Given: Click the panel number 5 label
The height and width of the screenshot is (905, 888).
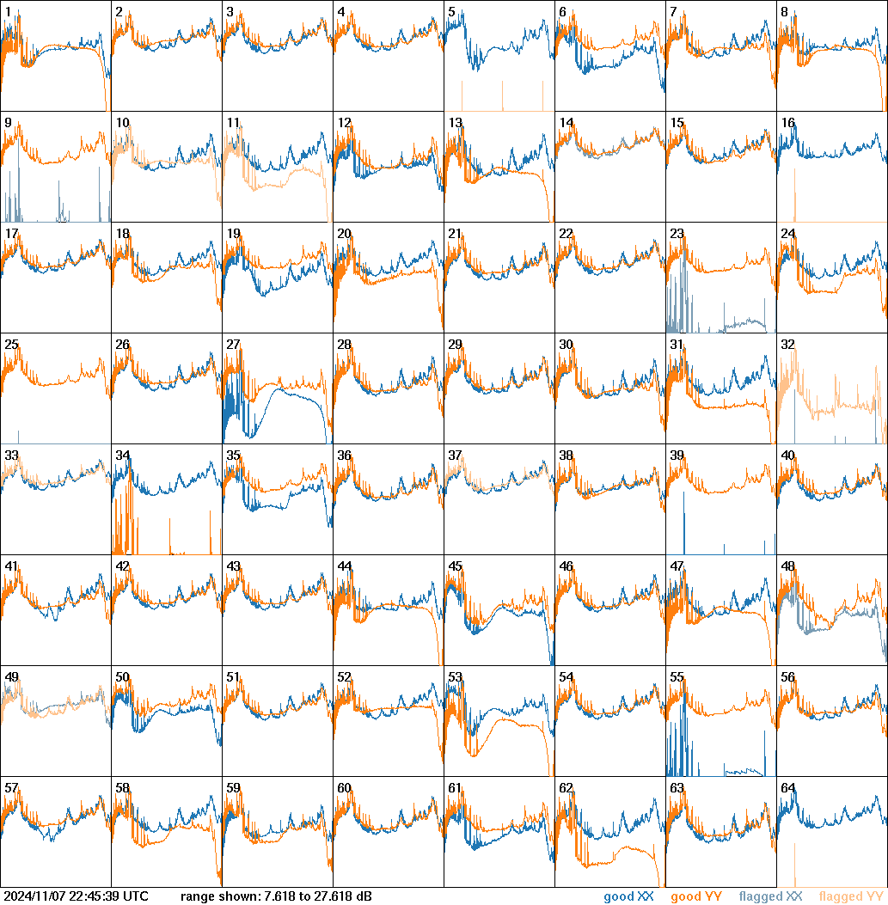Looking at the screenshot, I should [452, 11].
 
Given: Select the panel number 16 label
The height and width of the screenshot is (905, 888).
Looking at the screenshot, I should [787, 122].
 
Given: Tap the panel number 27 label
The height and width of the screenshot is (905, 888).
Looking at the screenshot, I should [233, 344].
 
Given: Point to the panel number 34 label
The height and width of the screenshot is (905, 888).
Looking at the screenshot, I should [122, 455].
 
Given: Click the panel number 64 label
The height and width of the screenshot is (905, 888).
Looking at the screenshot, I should [787, 787].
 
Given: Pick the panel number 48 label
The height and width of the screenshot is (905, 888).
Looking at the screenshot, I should [787, 566].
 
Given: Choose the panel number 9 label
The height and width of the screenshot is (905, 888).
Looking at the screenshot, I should [8, 122].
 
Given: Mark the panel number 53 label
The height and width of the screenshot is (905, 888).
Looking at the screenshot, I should [455, 676].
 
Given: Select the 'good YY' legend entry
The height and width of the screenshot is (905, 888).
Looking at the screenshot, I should [695, 896].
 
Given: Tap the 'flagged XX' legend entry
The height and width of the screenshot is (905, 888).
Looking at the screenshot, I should [770, 896].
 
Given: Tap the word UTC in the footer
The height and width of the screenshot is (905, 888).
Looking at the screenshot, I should [136, 896].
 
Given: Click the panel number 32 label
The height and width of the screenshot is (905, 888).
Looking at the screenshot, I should [787, 344].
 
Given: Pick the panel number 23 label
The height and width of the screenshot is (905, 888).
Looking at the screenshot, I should [677, 233].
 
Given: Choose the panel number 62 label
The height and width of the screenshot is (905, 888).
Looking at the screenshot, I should [566, 787].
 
